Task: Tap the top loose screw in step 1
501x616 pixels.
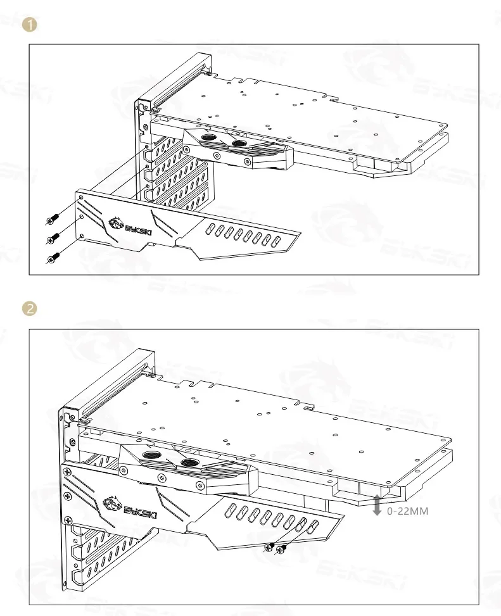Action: click(52, 220)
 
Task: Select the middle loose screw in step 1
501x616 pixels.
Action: click(53, 238)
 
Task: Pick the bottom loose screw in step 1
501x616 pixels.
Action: click(53, 256)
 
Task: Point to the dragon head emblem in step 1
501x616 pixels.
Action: click(115, 222)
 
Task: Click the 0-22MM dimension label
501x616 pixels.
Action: click(407, 510)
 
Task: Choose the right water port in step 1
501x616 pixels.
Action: click(239, 144)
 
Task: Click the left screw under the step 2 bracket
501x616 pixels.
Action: click(270, 548)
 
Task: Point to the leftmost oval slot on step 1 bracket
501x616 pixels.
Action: click(213, 229)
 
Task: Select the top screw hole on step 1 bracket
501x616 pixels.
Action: click(81, 198)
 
